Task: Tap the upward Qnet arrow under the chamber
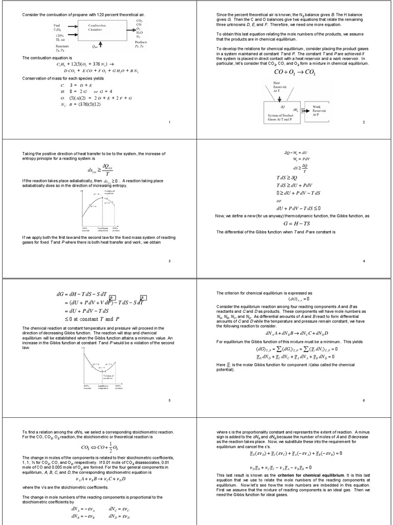coord(100,46)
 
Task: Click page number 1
coord(169,123)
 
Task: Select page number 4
coord(363,261)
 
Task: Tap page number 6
coord(363,400)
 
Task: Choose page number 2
coord(363,123)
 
